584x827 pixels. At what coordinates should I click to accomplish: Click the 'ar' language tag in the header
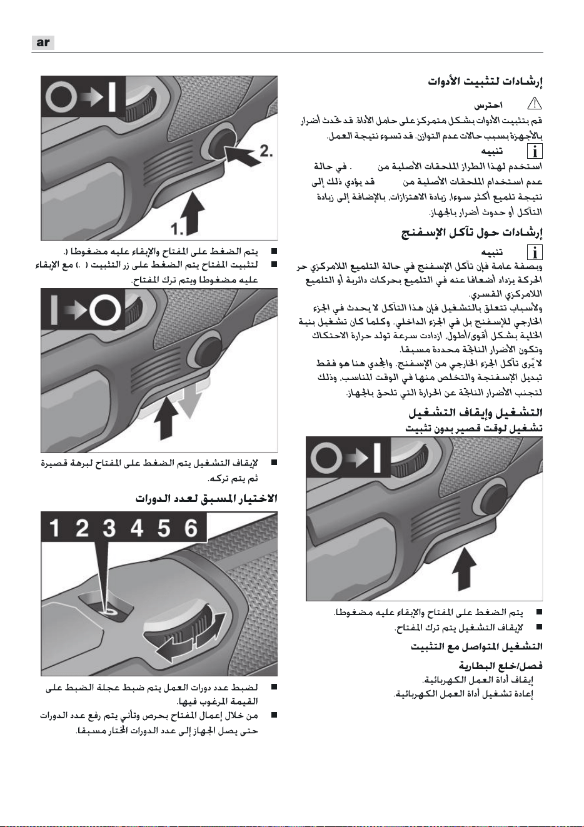pos(43,43)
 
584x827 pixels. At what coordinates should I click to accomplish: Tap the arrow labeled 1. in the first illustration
pos(194,214)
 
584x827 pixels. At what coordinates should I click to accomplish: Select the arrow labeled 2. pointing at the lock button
pos(243,154)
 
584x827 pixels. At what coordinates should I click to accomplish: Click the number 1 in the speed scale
pos(54,528)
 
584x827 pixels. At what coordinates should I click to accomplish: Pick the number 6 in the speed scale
pos(191,528)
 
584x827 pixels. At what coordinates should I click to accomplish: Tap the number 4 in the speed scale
pos(136,528)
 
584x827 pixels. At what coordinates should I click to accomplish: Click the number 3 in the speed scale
pos(109,528)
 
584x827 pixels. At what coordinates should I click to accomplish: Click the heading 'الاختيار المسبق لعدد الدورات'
pos(206,499)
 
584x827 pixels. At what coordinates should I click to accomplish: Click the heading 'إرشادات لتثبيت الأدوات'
pos(485,81)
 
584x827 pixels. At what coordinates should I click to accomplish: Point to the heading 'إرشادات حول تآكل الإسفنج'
pos(472,233)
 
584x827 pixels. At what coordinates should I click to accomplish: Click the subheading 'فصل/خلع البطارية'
pos(501,666)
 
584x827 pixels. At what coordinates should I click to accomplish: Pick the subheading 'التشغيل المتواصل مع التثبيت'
pos(477,646)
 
